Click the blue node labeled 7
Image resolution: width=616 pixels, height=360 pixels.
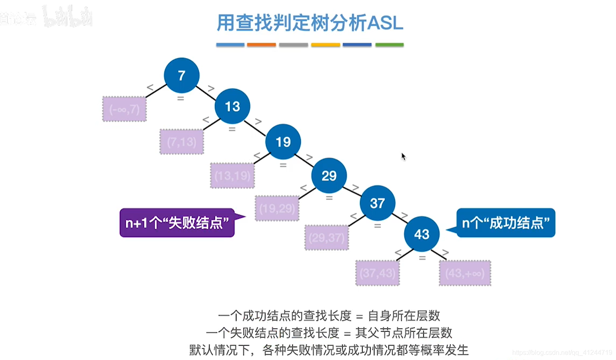click(x=181, y=75)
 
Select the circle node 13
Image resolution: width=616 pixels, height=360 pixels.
click(x=232, y=107)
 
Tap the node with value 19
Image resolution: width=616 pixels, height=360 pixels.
click(x=283, y=142)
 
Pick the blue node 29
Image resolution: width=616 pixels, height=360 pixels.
click(x=329, y=176)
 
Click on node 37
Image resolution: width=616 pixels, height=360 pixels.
click(x=377, y=203)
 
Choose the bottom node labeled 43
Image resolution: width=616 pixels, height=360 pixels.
click(x=422, y=234)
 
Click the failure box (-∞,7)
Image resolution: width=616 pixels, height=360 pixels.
click(x=124, y=109)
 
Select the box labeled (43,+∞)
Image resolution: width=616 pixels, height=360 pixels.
click(x=465, y=273)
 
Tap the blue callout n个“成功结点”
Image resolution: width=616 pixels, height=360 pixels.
click(x=506, y=223)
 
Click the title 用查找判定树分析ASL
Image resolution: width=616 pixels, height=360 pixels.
click(x=310, y=23)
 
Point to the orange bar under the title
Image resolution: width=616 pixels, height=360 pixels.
click(x=261, y=45)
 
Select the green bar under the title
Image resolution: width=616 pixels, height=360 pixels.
click(x=389, y=45)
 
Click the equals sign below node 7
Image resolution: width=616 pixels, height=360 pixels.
click(x=180, y=99)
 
